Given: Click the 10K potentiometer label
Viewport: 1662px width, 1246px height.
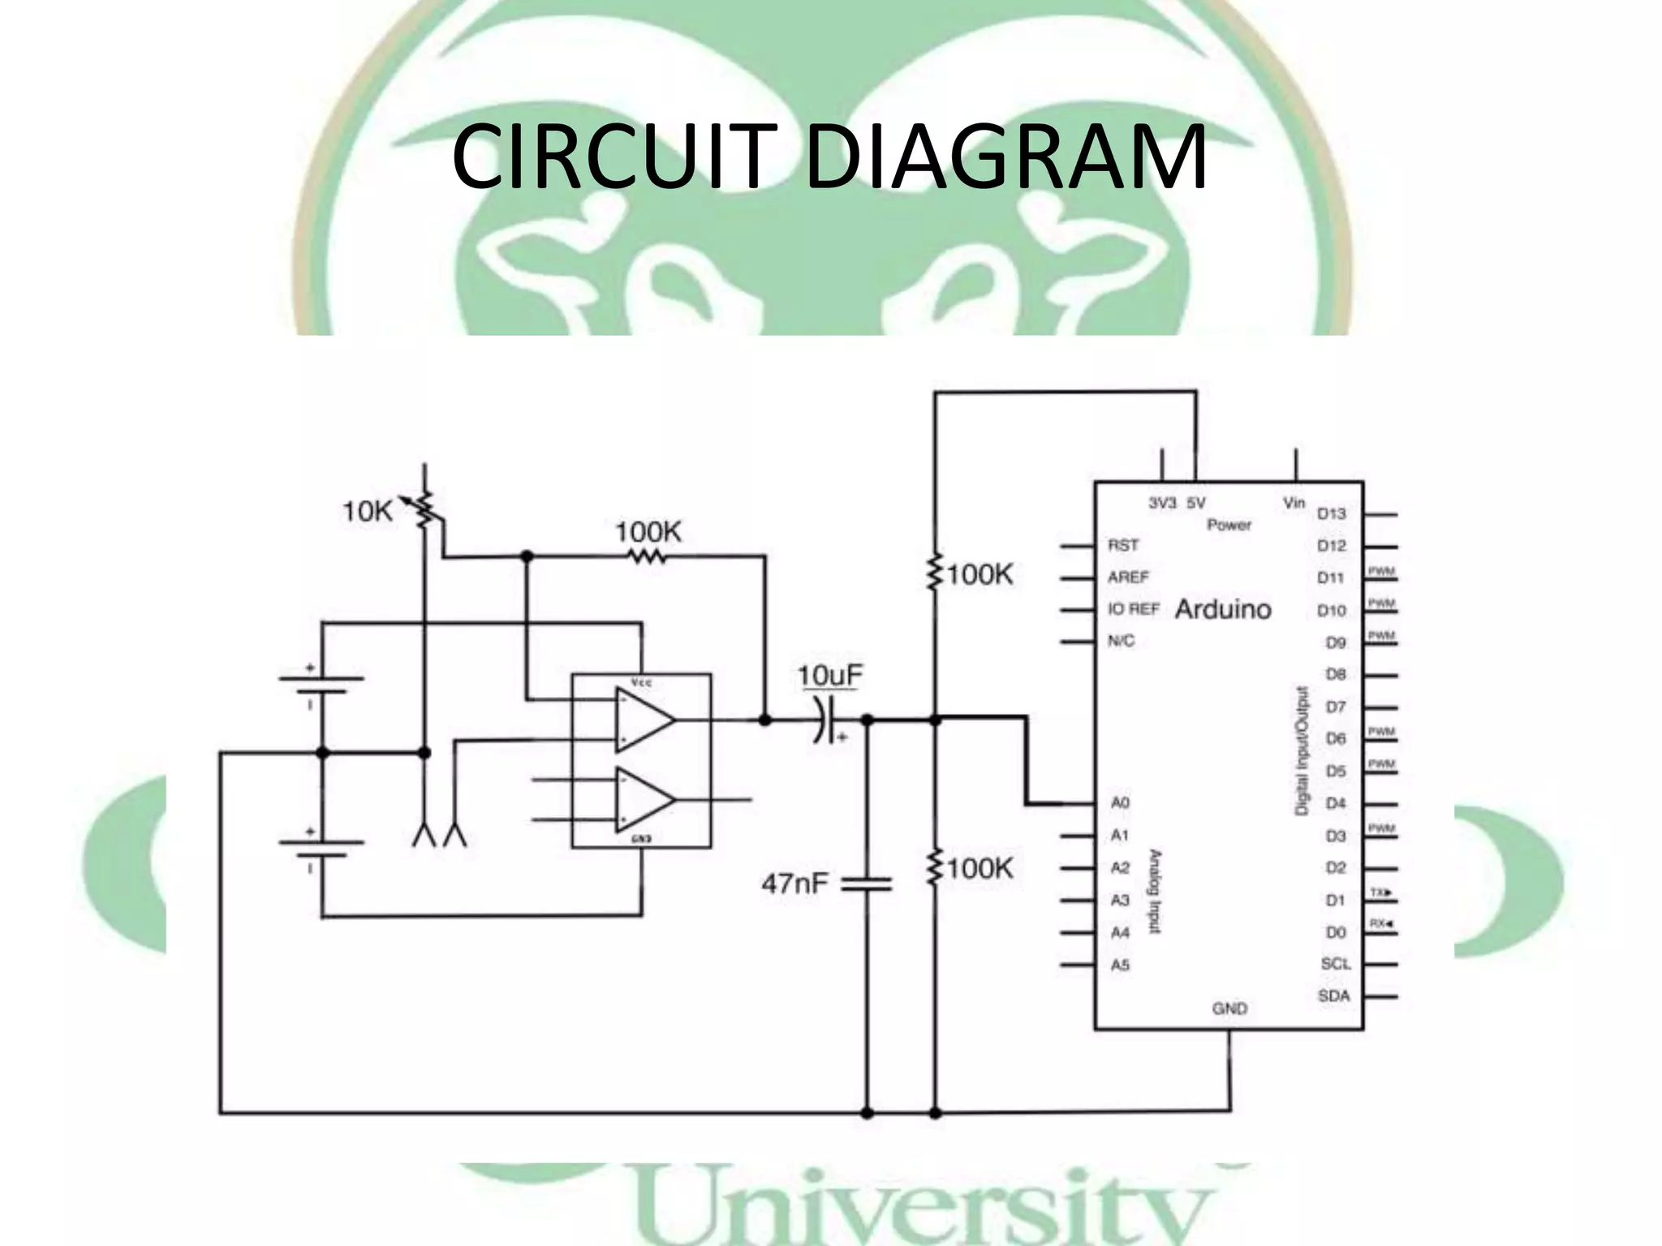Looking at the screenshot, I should (367, 512).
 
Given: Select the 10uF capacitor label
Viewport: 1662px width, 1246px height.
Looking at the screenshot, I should (829, 676).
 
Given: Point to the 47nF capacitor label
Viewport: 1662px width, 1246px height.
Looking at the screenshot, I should (794, 883).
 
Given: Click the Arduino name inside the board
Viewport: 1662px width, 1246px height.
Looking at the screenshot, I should (1223, 609).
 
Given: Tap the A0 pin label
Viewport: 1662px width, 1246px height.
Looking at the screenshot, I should (1120, 802).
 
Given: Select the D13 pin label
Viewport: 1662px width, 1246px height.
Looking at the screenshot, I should (1332, 513).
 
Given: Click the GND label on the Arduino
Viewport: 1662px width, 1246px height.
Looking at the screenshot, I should (1229, 1008).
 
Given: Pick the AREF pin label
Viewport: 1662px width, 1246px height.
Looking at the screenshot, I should (1128, 577).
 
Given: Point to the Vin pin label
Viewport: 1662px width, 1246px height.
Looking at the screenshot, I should (1294, 503).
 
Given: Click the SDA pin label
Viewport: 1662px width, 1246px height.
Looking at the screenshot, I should (1334, 995).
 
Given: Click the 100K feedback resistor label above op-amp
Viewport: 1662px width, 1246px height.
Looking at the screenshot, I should (648, 532).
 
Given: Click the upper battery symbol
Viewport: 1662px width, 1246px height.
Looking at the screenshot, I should (321, 685).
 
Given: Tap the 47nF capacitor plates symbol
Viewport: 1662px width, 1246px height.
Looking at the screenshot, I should (866, 883).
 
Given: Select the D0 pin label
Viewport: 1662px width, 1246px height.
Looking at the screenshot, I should (1336, 932).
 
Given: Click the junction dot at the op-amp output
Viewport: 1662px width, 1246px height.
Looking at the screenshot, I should (764, 720).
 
